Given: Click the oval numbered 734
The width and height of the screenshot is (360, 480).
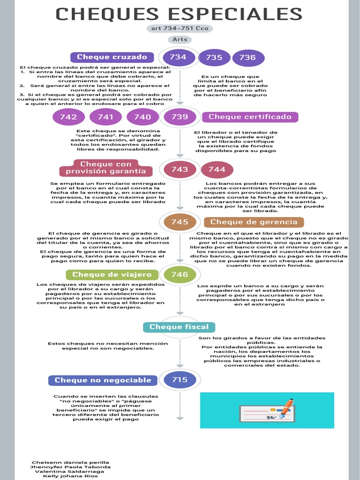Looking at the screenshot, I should pos(178,58).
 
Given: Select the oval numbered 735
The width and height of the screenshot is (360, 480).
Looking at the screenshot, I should pos(214,58).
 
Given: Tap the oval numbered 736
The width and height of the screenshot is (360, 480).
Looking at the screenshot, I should pos(247,58).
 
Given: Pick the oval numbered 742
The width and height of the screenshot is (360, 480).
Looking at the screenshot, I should pos(68,117).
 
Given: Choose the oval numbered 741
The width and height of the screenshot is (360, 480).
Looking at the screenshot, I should pos(105,117).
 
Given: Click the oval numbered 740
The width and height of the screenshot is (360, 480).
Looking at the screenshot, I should pos(142,117).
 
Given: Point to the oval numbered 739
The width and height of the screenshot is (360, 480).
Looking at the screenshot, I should pos(180,117).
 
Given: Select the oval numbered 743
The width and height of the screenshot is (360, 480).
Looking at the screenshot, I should pos(180,170).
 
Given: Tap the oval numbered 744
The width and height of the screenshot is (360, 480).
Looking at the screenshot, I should pos(217,170).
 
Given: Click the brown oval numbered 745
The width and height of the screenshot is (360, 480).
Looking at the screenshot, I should pos(180,222).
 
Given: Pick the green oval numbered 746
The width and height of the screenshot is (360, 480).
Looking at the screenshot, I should pos(180,275).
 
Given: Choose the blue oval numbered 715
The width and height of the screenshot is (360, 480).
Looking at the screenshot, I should pos(180,380).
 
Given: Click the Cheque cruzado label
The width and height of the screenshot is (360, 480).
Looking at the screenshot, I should pos(112,57).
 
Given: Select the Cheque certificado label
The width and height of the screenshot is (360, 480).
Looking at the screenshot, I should pos(250,117).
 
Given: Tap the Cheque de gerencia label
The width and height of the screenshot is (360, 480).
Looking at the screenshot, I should pos(254,222).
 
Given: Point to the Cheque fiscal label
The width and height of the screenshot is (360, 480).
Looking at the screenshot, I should pos(179,327).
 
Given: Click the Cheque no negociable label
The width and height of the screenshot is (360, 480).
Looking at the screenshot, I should pos(103,380).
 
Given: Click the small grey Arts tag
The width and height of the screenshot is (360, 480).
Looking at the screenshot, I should pos(180,39).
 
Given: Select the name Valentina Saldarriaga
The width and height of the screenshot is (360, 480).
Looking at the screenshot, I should pos(70,471).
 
